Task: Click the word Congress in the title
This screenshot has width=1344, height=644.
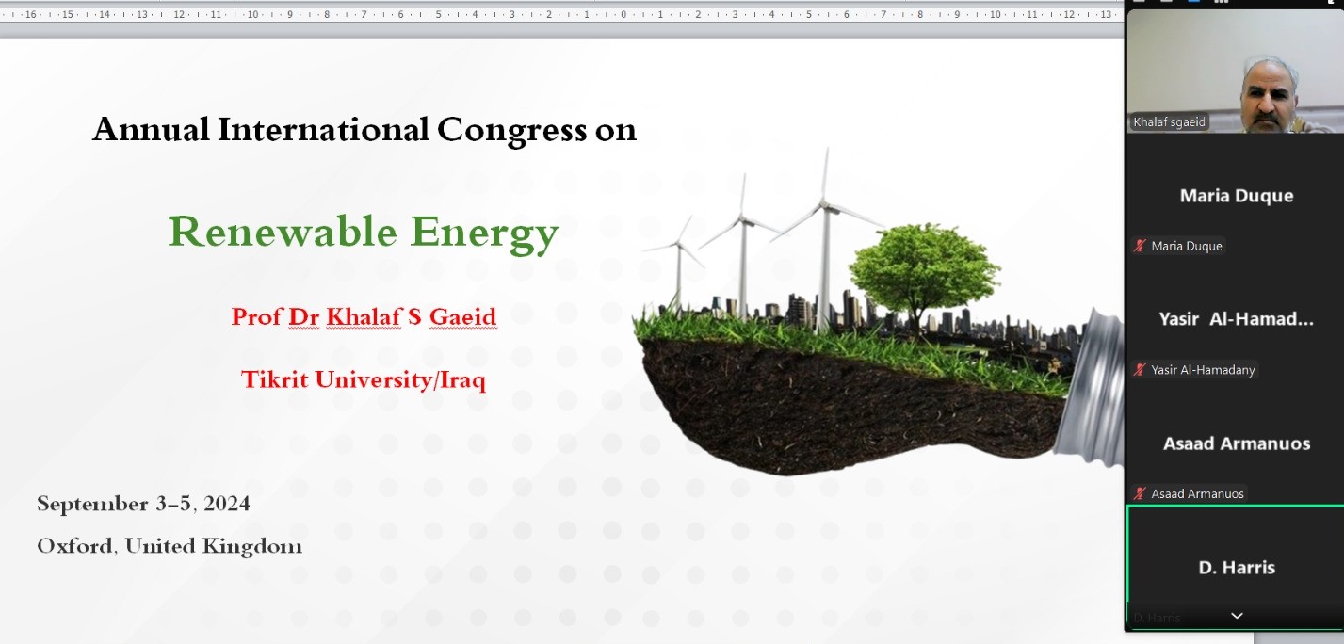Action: click(x=511, y=131)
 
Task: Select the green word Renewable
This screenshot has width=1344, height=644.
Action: click(x=283, y=231)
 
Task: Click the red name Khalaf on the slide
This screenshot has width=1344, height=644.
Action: click(x=364, y=317)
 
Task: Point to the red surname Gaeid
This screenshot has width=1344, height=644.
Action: click(x=462, y=317)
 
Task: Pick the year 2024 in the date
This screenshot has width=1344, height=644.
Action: click(x=227, y=504)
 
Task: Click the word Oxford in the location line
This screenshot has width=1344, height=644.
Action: click(x=77, y=546)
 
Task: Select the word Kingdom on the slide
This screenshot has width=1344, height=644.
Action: click(x=252, y=547)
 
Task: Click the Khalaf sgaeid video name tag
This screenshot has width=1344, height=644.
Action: click(x=1169, y=122)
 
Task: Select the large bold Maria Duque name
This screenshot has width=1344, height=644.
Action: click(x=1236, y=196)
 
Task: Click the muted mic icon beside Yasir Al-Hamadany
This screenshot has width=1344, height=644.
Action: click(x=1139, y=370)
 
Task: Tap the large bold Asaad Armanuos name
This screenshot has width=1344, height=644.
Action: click(x=1236, y=443)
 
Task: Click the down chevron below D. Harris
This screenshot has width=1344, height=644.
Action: click(x=1237, y=616)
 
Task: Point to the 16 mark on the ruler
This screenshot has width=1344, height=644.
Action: click(x=30, y=14)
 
